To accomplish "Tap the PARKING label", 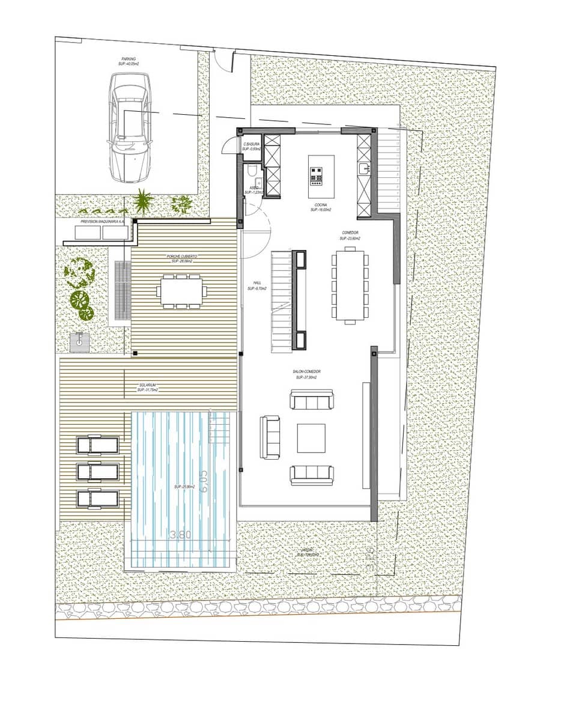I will [128, 61].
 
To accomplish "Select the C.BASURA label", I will [251, 147].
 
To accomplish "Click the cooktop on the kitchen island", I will [317, 175].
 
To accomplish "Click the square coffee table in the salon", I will [311, 438].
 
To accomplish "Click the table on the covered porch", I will [181, 291].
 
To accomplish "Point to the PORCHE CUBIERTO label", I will [181, 259].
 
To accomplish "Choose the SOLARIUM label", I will [147, 388].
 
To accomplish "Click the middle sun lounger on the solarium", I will [96, 472].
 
